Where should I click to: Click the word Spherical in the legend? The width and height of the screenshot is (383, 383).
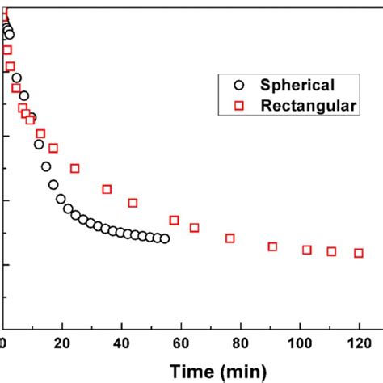297,85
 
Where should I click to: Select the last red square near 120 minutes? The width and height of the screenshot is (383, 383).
359,253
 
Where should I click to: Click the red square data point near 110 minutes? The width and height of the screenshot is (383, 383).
331,251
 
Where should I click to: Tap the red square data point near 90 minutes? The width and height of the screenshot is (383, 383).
272,246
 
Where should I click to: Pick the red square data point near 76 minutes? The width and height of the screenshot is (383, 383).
230,238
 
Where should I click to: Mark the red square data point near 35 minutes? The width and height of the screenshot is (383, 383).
107,189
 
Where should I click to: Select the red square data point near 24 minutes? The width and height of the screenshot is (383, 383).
75,168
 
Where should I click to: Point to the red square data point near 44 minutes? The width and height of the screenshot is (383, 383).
133,203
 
